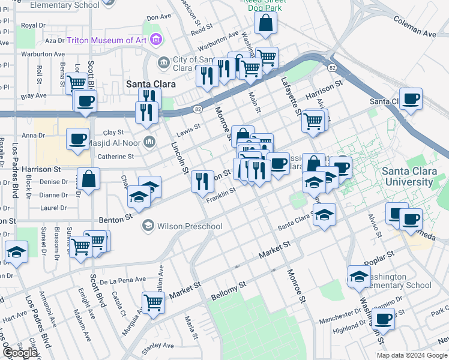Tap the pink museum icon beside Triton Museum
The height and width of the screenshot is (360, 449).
157,40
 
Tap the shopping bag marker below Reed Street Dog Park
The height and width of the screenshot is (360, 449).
265,24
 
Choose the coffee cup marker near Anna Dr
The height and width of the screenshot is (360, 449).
77,139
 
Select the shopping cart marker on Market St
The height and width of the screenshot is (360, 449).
153,302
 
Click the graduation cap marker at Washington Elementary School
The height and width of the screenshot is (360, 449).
359,275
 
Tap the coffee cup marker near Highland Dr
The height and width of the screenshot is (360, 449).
383,319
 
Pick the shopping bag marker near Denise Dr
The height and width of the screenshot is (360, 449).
88,179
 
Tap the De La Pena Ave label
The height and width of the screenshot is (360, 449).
123,280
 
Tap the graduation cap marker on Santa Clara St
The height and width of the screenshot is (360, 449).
324,214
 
